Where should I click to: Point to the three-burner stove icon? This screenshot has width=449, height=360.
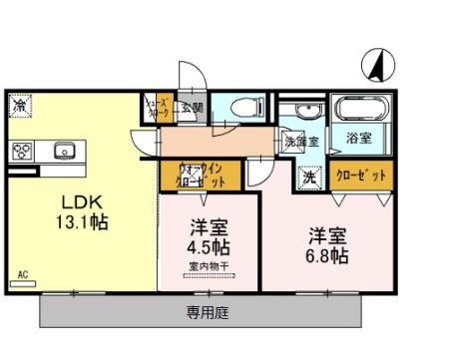point(23,151)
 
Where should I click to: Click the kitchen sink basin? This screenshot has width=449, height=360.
point(63,151)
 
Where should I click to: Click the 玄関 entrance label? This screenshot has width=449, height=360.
point(192,108)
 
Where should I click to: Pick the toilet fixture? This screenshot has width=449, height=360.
point(243,108)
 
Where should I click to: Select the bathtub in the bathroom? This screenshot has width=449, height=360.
point(360,109)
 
